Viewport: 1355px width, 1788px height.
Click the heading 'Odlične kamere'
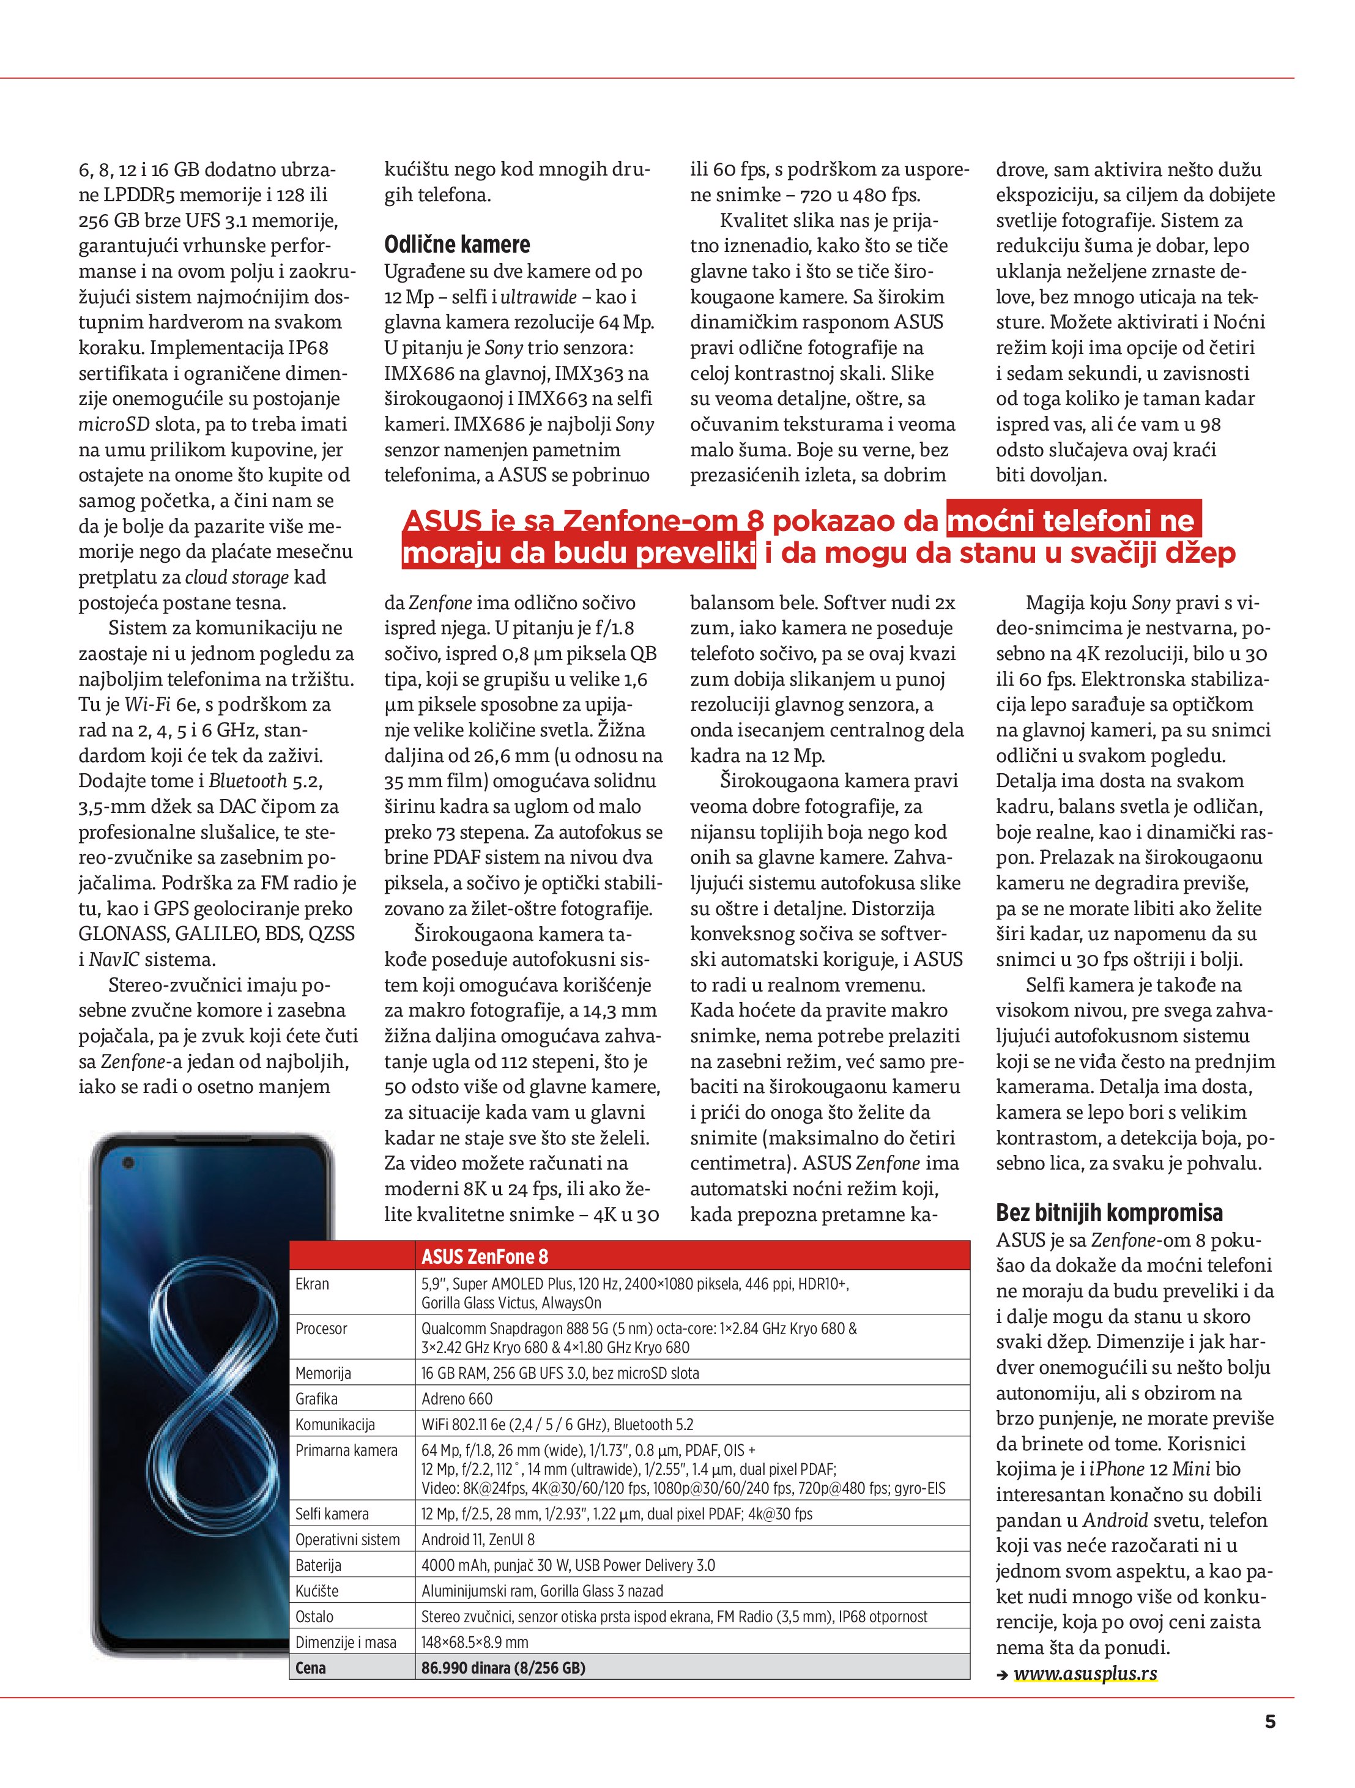[x=457, y=244]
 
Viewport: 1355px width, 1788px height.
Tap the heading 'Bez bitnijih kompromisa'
[x=1108, y=1212]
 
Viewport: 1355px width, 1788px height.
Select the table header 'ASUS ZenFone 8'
[x=484, y=1256]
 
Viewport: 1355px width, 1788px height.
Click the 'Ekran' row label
[x=312, y=1283]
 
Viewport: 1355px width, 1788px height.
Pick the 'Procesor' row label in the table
[x=321, y=1329]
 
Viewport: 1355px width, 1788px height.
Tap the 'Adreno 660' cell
[x=457, y=1399]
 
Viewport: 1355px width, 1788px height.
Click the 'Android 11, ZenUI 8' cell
[x=478, y=1540]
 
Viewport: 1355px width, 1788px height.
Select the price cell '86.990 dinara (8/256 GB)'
[x=503, y=1667]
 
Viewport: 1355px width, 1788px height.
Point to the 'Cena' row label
[x=310, y=1667]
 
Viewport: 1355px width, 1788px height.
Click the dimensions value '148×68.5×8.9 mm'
[x=475, y=1642]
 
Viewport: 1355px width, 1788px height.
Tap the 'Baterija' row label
[x=317, y=1565]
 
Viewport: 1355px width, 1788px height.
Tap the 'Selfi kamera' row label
[x=332, y=1514]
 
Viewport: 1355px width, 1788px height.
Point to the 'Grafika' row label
[x=316, y=1399]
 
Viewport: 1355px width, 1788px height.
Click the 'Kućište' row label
[x=317, y=1591]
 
